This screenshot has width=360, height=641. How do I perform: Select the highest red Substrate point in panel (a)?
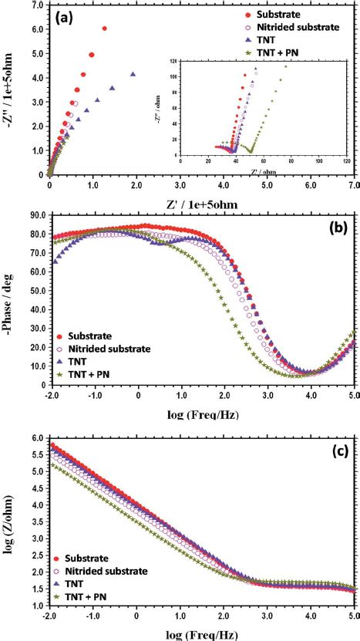tap(104, 29)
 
